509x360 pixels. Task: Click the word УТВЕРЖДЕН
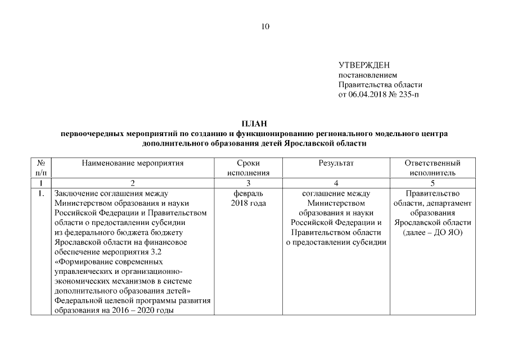point(364,66)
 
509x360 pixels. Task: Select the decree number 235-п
point(408,94)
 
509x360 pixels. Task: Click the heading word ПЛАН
point(254,124)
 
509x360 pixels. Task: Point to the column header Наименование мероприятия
point(133,163)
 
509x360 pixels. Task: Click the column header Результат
point(336,163)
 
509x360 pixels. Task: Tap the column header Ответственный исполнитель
point(432,168)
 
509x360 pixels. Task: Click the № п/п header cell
point(41,168)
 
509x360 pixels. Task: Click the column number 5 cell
point(432,183)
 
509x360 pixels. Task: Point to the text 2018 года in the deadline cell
point(248,203)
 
